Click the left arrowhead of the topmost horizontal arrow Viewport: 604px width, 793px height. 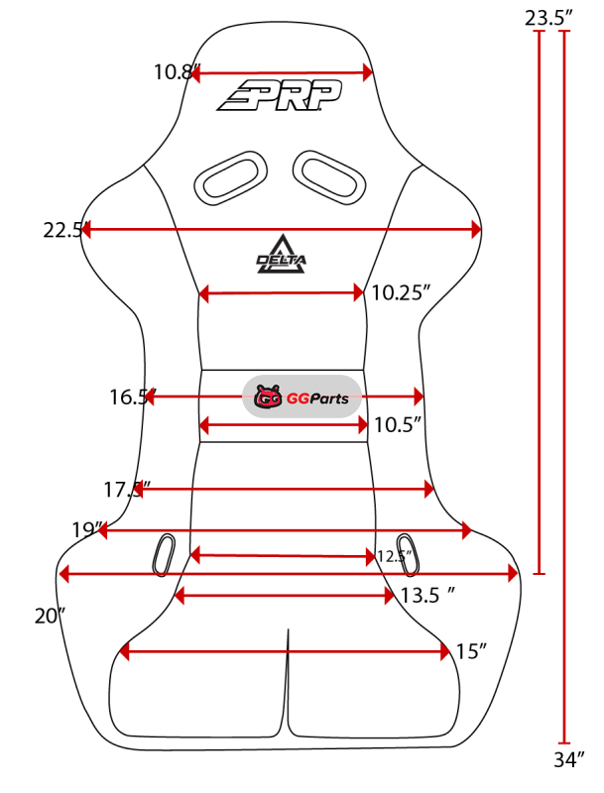[x=195, y=74]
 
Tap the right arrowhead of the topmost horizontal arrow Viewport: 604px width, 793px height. [x=368, y=72]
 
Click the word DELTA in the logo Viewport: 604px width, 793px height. [x=282, y=260]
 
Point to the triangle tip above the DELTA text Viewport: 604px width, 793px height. [x=282, y=237]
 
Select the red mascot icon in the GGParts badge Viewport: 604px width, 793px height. [x=268, y=397]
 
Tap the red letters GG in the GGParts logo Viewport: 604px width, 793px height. [x=298, y=398]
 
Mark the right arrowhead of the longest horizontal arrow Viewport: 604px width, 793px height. [x=513, y=573]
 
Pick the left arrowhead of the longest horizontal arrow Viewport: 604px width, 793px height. [x=63, y=573]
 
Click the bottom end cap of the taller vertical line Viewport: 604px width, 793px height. [x=564, y=742]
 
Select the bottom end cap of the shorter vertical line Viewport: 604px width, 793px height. [x=540, y=573]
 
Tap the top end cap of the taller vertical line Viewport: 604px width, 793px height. [x=564, y=32]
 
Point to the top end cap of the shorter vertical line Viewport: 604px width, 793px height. [x=540, y=32]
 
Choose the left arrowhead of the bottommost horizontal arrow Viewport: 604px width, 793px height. [x=125, y=651]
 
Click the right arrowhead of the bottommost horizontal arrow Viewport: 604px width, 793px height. [x=446, y=651]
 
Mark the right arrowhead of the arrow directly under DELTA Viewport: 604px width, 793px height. [x=359, y=292]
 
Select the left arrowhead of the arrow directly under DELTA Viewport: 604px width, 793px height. [x=203, y=293]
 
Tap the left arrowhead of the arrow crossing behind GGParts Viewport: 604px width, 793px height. [x=149, y=396]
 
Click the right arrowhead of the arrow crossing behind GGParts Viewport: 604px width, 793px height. [x=419, y=396]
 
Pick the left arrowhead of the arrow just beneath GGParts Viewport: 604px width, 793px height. [x=203, y=425]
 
